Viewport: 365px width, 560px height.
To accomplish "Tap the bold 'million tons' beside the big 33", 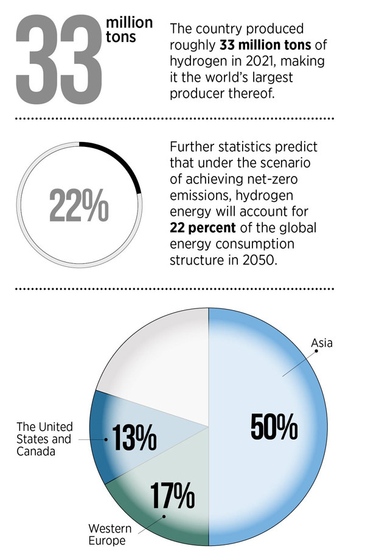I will click(x=129, y=29).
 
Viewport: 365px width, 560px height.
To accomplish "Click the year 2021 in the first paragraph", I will click(x=264, y=61).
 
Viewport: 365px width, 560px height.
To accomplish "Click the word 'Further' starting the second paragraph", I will click(x=193, y=148).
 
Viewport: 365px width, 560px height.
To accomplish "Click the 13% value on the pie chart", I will click(x=132, y=437).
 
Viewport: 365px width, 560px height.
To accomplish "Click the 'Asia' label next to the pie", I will click(x=322, y=343).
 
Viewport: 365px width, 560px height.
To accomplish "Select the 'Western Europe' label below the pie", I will click(x=106, y=534).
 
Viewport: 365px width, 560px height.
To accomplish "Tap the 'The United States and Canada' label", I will click(x=44, y=439).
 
